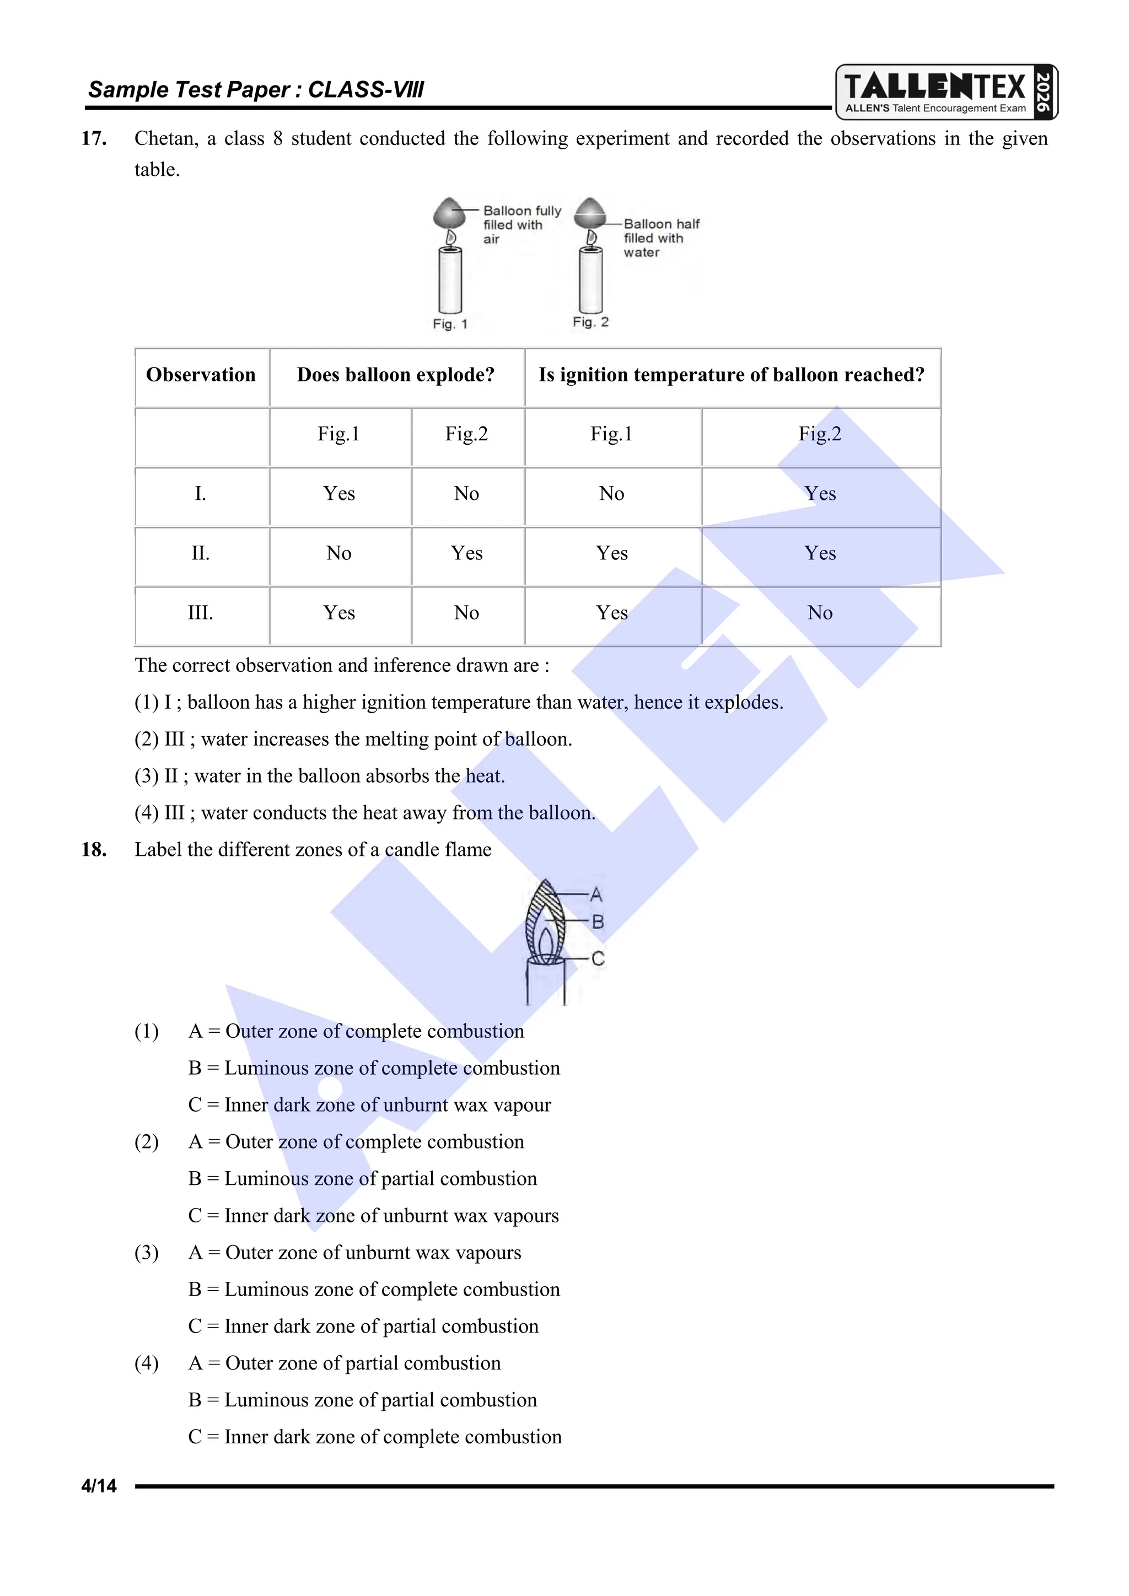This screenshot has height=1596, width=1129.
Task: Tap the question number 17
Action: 94,138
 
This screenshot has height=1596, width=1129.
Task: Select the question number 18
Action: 94,849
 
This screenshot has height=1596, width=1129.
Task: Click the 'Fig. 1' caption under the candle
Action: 450,324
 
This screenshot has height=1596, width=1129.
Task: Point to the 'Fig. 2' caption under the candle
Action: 590,322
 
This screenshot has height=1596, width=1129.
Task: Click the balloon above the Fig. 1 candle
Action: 449,213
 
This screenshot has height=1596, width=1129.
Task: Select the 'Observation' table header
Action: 201,375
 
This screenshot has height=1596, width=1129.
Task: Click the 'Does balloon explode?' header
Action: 396,375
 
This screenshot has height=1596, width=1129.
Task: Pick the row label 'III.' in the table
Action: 200,613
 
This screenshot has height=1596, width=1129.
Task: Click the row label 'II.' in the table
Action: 200,553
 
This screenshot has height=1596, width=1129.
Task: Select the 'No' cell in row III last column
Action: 820,613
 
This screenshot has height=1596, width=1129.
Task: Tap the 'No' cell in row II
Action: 338,553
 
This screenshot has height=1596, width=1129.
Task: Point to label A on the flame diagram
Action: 596,894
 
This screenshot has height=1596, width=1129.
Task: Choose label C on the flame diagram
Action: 598,959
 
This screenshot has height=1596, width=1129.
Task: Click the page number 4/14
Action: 99,1486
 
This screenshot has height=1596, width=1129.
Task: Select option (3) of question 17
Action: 320,776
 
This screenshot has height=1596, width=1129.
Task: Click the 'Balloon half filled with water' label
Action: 660,238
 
